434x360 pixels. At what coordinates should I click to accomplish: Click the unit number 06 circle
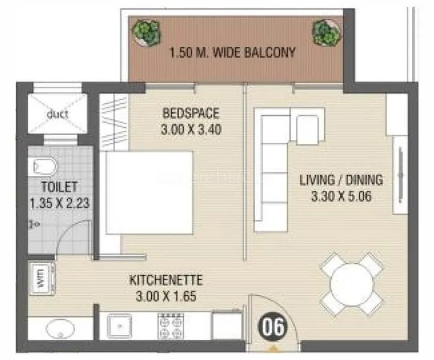(x=273, y=328)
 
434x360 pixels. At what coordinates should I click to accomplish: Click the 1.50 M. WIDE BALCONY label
(x=232, y=52)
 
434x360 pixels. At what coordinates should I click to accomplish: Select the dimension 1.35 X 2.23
(x=59, y=203)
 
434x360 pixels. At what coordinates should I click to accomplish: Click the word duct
(x=57, y=114)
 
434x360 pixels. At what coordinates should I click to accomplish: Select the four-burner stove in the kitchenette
(x=170, y=326)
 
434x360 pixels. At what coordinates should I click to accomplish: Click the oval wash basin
(x=57, y=329)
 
